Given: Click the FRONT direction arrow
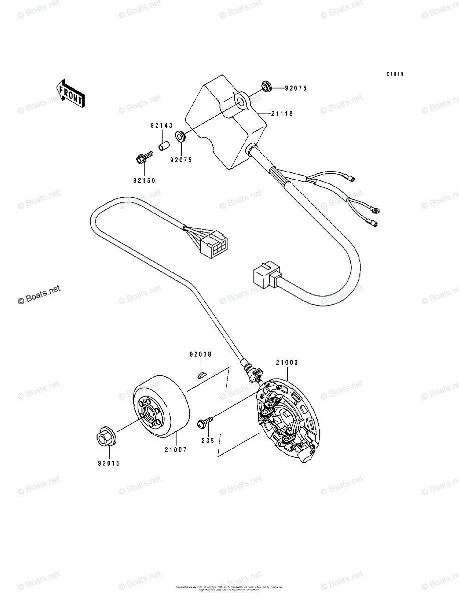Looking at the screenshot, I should (x=70, y=93).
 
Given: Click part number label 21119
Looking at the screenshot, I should (x=282, y=114).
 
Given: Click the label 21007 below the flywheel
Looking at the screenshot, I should (x=174, y=450).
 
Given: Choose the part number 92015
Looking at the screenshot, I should (x=109, y=463).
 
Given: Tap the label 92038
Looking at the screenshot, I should (x=200, y=354).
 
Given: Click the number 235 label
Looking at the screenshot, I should (x=208, y=441).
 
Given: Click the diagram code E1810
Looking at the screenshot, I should (x=394, y=74).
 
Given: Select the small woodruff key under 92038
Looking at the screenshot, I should (x=201, y=373).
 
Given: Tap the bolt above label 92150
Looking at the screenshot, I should (x=141, y=159).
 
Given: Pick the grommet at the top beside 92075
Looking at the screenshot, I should (x=266, y=87).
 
